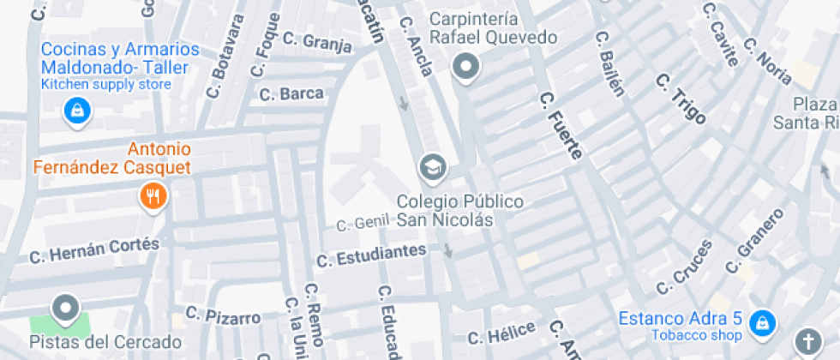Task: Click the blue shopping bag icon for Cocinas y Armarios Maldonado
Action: click(77, 111)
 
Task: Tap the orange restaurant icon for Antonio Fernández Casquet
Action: click(154, 197)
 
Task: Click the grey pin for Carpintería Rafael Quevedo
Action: click(466, 66)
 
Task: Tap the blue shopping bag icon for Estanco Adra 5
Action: click(759, 323)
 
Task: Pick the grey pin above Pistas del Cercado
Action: click(65, 308)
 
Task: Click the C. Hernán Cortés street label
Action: click(94, 250)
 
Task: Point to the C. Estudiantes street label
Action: click(371, 255)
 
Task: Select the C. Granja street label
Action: click(317, 42)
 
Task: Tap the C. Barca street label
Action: click(291, 93)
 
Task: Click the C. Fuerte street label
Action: click(561, 126)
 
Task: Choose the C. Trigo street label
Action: click(682, 99)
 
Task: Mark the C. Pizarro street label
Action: click(223, 315)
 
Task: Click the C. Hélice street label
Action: click(501, 333)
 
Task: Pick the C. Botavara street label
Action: click(227, 56)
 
